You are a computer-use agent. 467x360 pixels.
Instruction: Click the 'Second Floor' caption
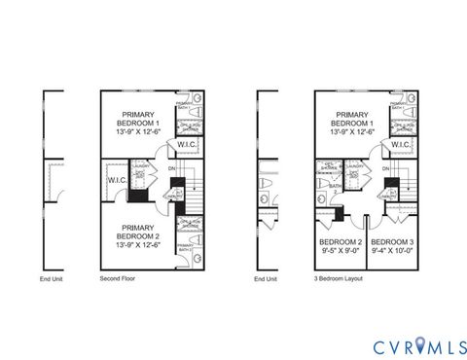tap(118, 279)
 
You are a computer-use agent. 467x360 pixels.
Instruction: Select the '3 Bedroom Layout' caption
tap(336, 279)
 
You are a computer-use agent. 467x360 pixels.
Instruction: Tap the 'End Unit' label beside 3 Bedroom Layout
tap(265, 279)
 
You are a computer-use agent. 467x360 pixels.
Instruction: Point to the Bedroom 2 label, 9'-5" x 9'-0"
tap(340, 245)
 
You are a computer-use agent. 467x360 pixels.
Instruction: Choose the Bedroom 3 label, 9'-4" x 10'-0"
tap(393, 245)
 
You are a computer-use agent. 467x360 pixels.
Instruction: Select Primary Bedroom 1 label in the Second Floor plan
tap(136, 122)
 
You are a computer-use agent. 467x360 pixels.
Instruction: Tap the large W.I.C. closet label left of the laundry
tap(117, 180)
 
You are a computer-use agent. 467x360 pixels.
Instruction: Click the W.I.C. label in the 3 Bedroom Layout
tap(400, 145)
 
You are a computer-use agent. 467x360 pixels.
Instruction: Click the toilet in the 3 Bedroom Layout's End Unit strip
tap(265, 183)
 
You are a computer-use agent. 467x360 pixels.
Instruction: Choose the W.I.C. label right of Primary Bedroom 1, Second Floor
tap(187, 145)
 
